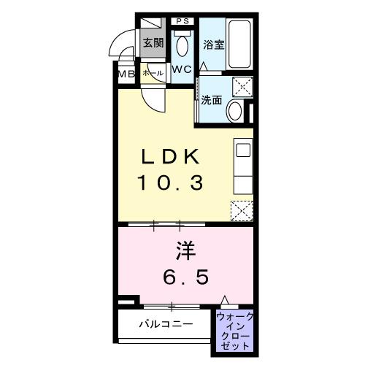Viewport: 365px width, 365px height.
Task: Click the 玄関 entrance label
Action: tap(152, 42)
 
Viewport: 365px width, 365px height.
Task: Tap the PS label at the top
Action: tap(182, 21)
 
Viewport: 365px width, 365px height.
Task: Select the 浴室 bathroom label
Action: tap(212, 43)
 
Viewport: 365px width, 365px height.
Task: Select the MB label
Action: tap(124, 74)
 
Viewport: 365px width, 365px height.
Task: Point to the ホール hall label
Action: tap(153, 73)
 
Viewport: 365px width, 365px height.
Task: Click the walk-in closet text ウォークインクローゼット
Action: tap(234, 329)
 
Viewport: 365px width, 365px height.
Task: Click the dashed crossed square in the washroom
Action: tap(239, 87)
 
